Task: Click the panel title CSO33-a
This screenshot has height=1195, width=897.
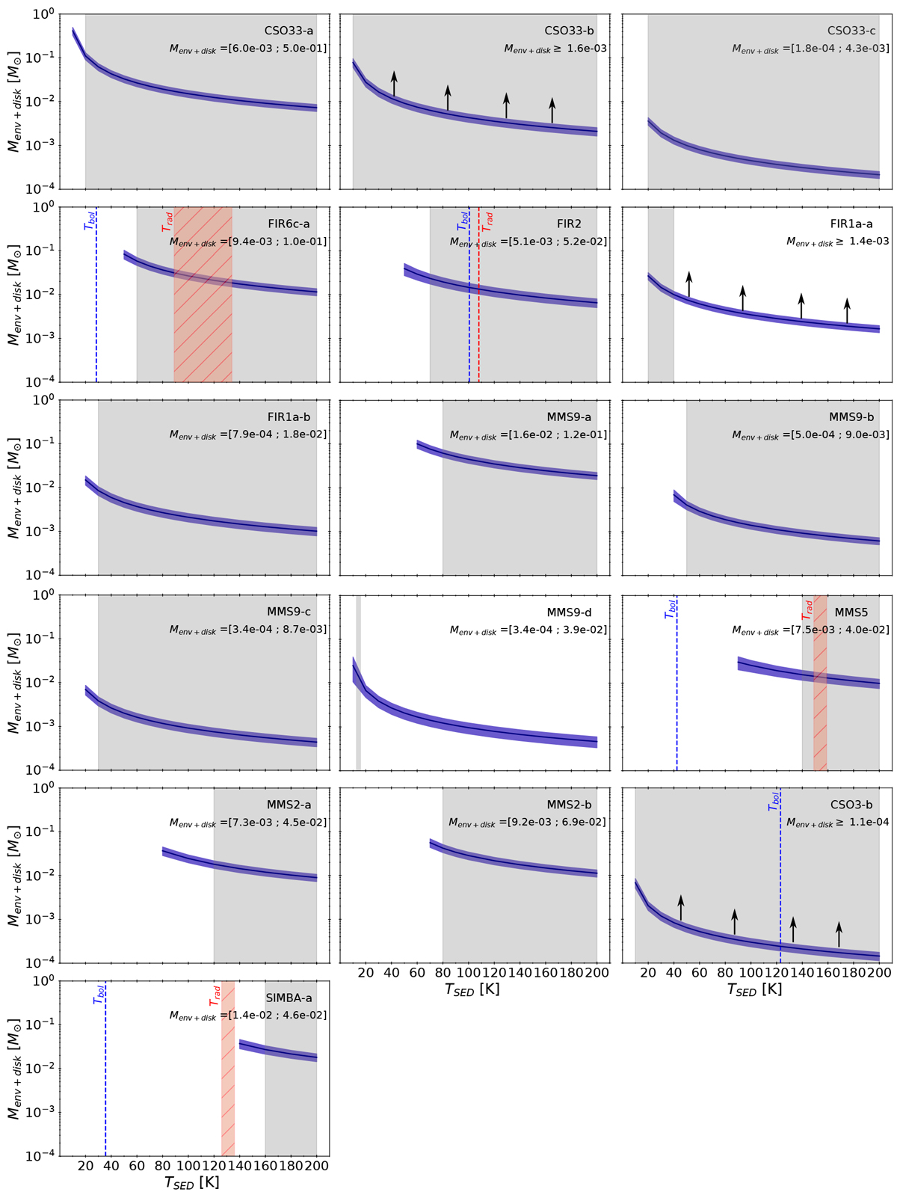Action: pyautogui.click(x=295, y=31)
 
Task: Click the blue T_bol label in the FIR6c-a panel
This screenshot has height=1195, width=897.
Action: pyautogui.click(x=88, y=222)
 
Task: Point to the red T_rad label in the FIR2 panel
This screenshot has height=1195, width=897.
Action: pyautogui.click(x=489, y=222)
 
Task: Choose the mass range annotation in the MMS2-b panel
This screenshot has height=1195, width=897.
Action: pyautogui.click(x=527, y=823)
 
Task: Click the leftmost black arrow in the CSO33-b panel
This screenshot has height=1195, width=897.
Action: pyautogui.click(x=394, y=84)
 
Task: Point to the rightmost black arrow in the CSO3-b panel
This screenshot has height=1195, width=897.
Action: pyautogui.click(x=839, y=934)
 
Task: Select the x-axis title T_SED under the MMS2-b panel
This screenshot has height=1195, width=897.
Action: pyautogui.click(x=472, y=989)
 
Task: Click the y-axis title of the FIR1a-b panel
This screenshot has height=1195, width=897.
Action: pyautogui.click(x=13, y=487)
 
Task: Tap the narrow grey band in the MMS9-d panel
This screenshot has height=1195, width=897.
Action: pyautogui.click(x=359, y=682)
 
